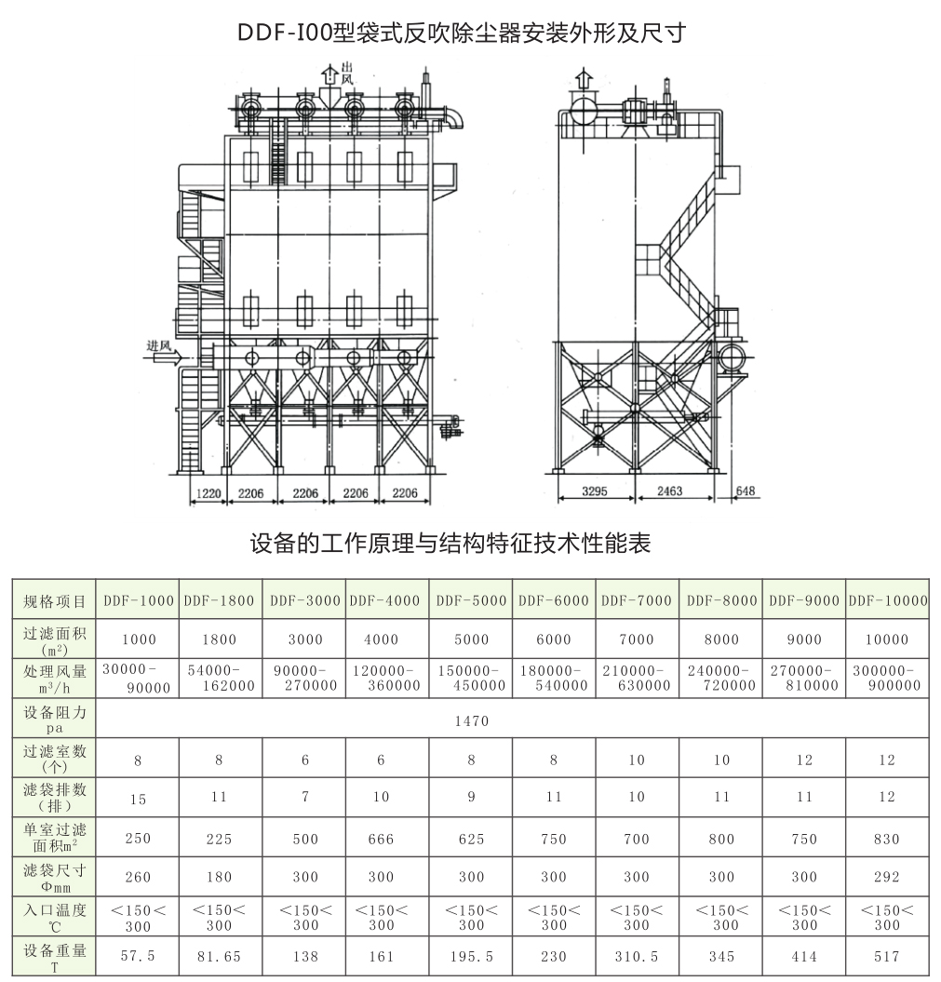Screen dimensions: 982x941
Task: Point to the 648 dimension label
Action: click(x=745, y=491)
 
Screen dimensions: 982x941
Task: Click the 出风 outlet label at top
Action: click(x=347, y=74)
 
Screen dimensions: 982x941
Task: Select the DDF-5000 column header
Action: click(x=471, y=600)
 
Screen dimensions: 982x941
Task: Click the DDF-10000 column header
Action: click(x=887, y=600)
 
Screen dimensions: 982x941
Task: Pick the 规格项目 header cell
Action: click(x=54, y=601)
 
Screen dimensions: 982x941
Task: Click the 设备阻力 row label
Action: click(x=54, y=720)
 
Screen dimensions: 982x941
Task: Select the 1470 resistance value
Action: click(x=472, y=720)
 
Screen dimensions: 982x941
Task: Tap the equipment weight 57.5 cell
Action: click(x=138, y=956)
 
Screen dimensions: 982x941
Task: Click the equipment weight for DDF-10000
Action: click(x=887, y=956)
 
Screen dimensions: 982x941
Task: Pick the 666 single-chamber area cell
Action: click(x=381, y=839)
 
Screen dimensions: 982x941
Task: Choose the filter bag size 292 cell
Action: click(x=887, y=877)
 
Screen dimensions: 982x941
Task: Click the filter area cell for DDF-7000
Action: click(x=637, y=639)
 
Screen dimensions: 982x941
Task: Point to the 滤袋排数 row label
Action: click(x=54, y=797)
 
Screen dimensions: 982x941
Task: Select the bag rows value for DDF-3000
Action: click(x=305, y=797)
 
